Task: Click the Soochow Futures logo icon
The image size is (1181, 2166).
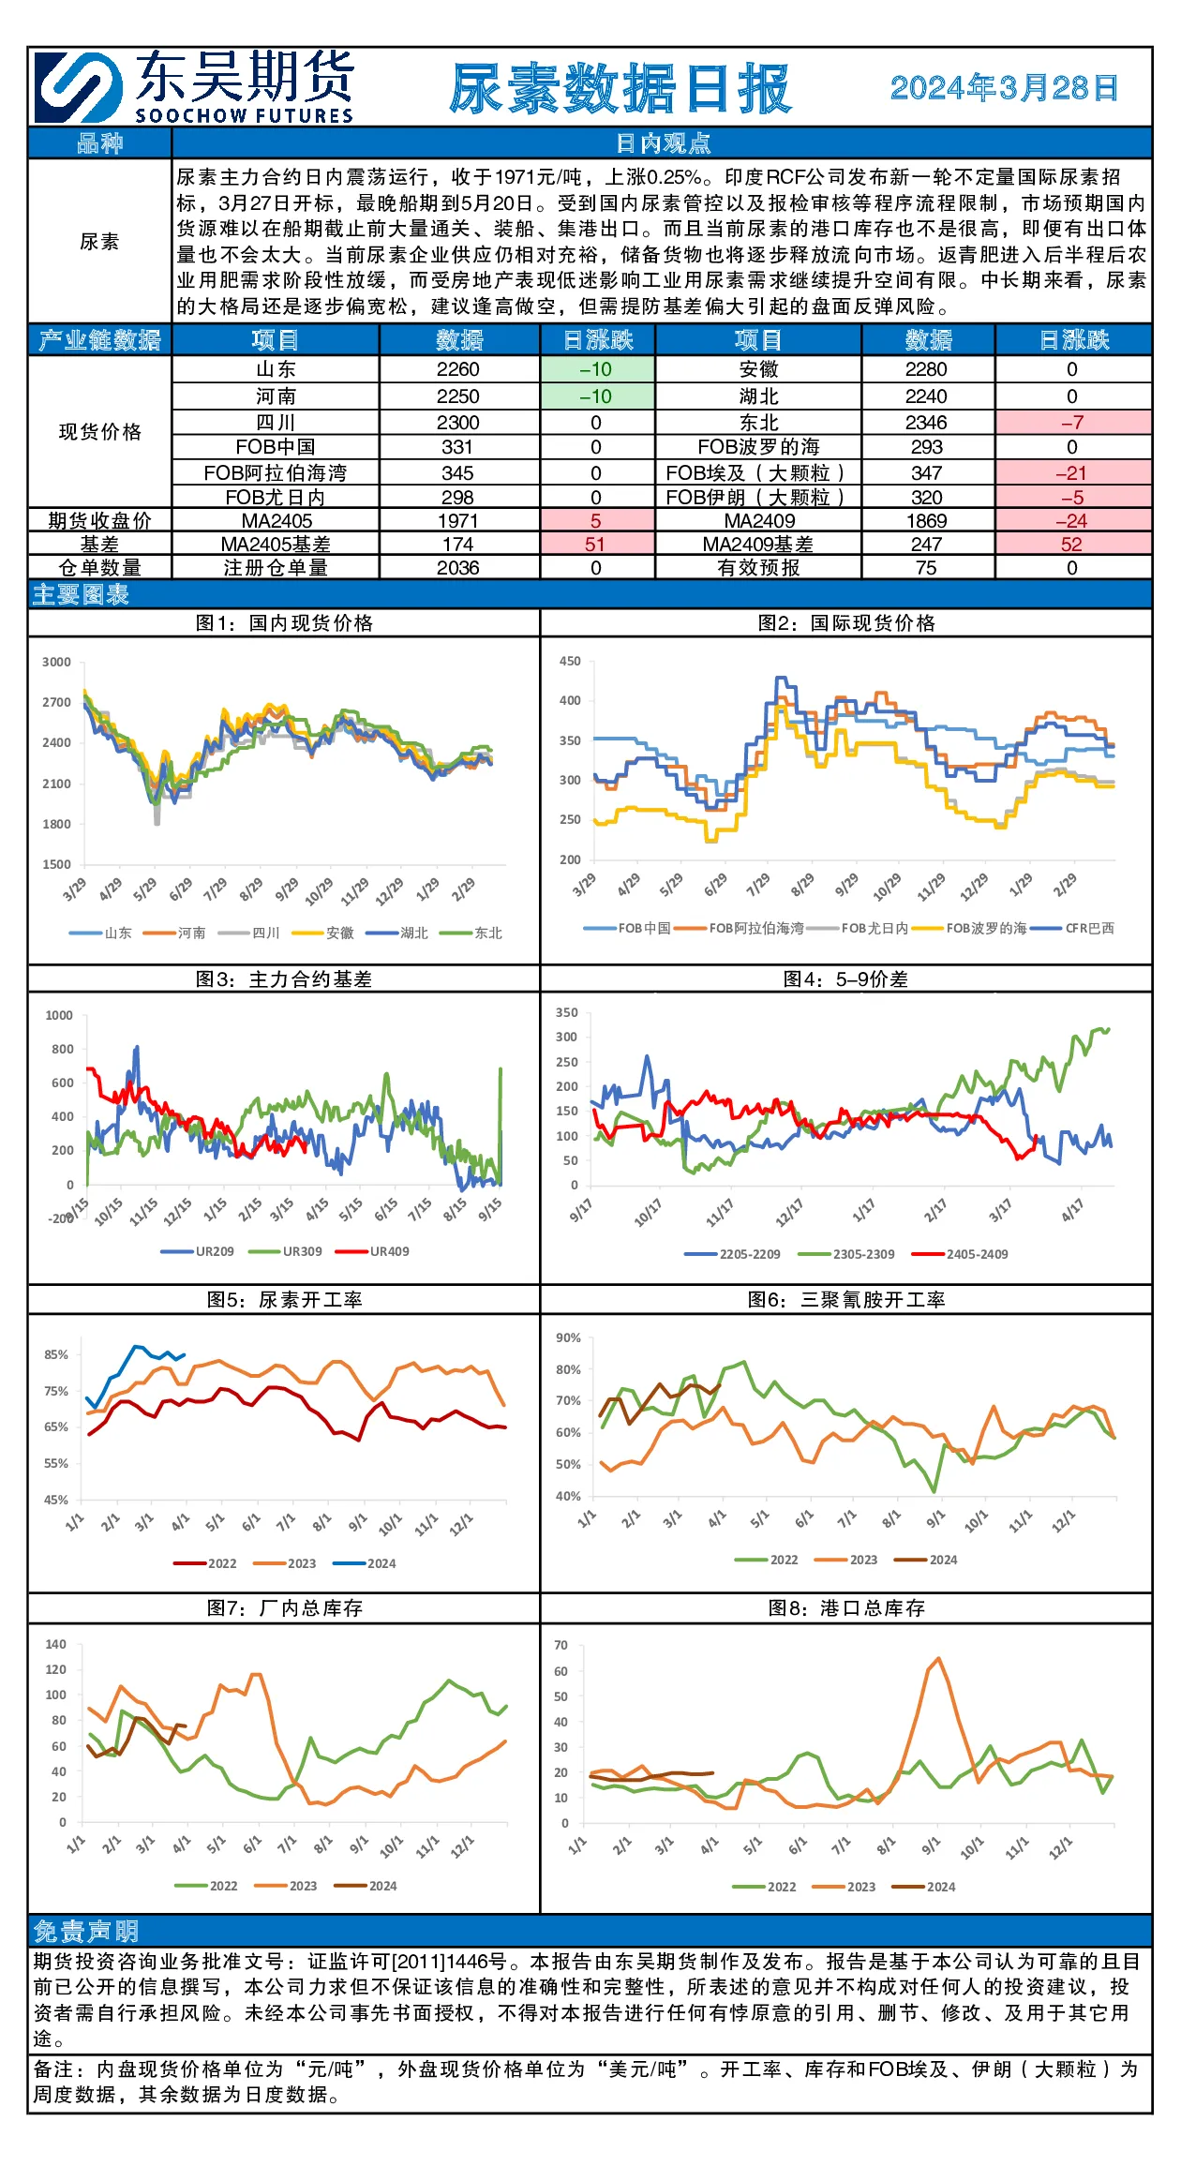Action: click(79, 87)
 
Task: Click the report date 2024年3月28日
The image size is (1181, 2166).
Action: click(1004, 88)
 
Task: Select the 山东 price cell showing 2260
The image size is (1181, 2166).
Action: click(458, 369)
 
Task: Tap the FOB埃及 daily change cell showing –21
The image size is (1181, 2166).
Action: click(1071, 473)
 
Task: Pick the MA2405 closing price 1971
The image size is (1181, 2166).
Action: click(458, 521)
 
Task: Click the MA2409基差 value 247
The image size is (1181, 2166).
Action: click(926, 545)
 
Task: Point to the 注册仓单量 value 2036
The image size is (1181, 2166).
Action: click(458, 568)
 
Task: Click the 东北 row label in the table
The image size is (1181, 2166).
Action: click(758, 423)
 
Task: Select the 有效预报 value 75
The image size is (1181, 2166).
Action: click(926, 568)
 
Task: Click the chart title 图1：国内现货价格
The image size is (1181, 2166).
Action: click(284, 623)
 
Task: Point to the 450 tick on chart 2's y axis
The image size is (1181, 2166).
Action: click(570, 661)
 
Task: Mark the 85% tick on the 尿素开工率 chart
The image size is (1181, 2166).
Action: click(56, 1354)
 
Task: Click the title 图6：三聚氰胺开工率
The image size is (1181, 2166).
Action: click(846, 1300)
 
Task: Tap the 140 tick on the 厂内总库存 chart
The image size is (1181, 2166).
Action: click(56, 1644)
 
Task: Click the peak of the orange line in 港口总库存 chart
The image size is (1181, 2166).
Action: click(938, 1658)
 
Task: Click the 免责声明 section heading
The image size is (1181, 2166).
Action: click(86, 1931)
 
